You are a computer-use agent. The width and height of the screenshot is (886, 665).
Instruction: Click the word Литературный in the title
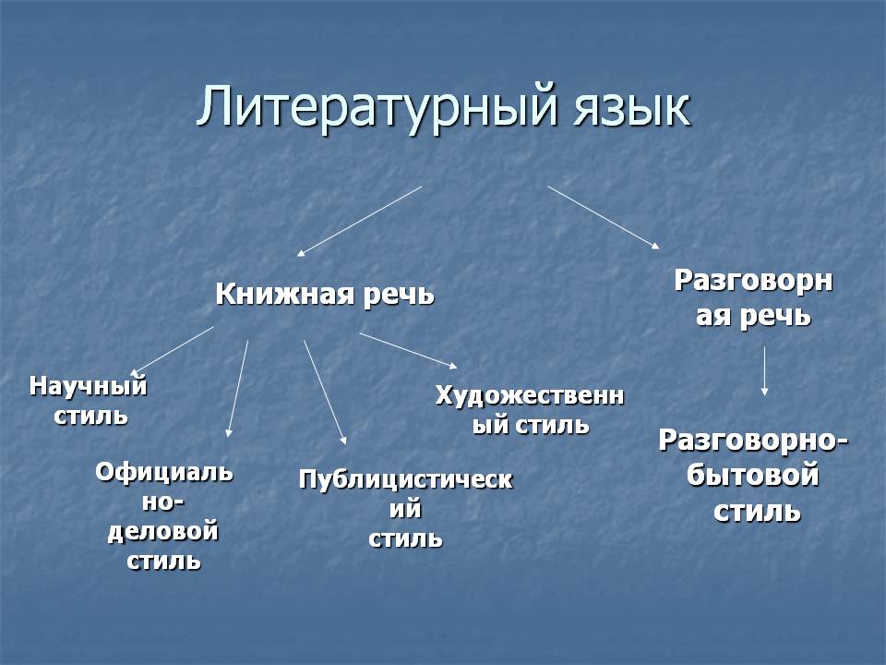(x=377, y=107)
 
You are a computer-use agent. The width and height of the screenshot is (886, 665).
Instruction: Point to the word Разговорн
(x=754, y=281)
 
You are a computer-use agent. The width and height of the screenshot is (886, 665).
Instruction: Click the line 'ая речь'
(x=753, y=316)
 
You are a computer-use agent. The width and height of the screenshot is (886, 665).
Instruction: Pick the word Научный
(x=89, y=387)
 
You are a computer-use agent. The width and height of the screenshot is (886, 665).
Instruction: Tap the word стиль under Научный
(x=90, y=417)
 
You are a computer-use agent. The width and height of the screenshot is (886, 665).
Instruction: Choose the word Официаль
(x=164, y=472)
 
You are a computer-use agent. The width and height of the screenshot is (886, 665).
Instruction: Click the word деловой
(x=163, y=533)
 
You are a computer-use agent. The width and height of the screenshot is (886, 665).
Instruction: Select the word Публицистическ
(x=406, y=480)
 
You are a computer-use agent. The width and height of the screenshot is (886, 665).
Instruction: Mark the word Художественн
(x=530, y=396)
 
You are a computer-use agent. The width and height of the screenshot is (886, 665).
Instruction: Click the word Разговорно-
(x=754, y=441)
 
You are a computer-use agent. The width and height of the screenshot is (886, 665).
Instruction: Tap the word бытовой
(x=753, y=475)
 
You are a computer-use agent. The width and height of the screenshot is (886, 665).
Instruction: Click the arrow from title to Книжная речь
(x=359, y=221)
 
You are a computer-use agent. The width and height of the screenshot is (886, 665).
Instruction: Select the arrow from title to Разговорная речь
(x=604, y=217)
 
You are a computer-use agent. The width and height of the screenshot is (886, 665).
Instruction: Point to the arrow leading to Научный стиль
(x=173, y=350)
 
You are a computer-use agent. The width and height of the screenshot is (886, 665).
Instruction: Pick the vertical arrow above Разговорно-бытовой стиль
(x=764, y=371)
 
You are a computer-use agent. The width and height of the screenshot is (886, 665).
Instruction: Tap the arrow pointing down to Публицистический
(x=326, y=393)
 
